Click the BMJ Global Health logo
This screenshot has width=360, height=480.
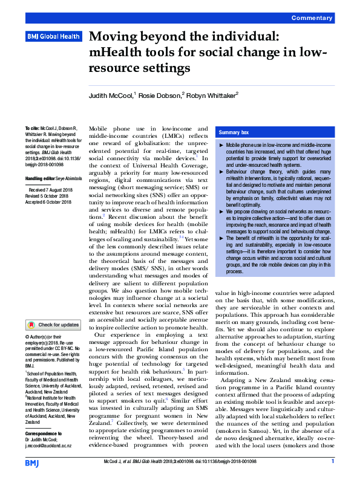click(x=53, y=37)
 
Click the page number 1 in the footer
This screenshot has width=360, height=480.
click(x=333, y=462)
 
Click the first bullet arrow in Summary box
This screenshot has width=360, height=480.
click(x=220, y=146)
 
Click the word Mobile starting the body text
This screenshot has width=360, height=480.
click(x=101, y=129)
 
